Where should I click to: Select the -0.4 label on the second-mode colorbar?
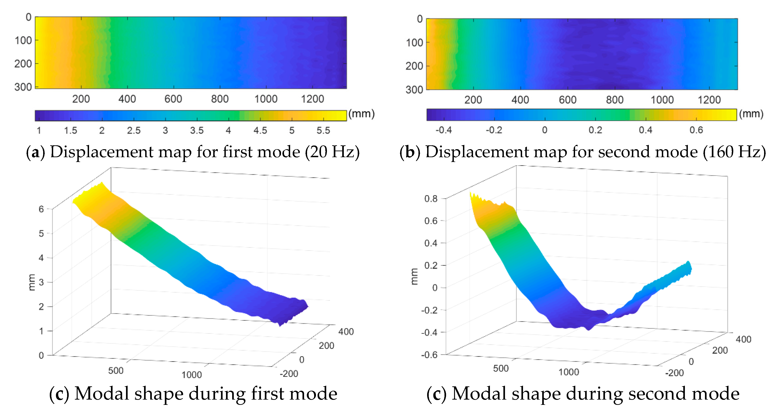click(444, 130)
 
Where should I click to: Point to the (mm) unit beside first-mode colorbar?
click(361, 114)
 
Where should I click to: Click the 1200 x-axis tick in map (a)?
click(312, 99)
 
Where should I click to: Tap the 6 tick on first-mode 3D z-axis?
click(41, 209)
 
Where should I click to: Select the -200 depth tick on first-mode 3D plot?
click(289, 374)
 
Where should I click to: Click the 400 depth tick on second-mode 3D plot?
click(743, 339)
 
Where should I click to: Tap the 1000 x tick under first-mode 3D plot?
click(192, 374)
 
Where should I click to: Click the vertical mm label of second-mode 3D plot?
click(414, 276)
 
